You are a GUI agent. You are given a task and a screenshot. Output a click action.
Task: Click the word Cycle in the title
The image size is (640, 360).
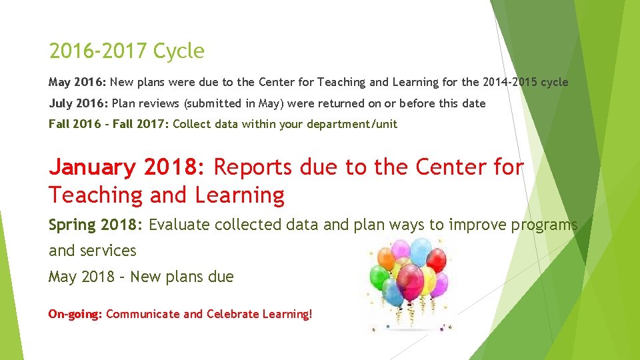pyautogui.click(x=178, y=51)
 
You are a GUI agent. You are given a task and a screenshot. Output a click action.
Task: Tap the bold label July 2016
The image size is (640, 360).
pyautogui.click(x=78, y=103)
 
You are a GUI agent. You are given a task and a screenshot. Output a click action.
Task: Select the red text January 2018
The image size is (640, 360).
pyautogui.click(x=127, y=167)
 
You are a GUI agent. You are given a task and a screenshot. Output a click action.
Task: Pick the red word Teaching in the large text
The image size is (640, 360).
pyautogui.click(x=95, y=195)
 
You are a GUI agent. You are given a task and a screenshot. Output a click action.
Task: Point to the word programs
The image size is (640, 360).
pyautogui.click(x=544, y=225)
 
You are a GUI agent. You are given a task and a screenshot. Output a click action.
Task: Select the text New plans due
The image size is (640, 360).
pyautogui.click(x=182, y=277)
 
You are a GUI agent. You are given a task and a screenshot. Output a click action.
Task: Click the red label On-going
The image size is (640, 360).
pyautogui.click(x=75, y=314)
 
